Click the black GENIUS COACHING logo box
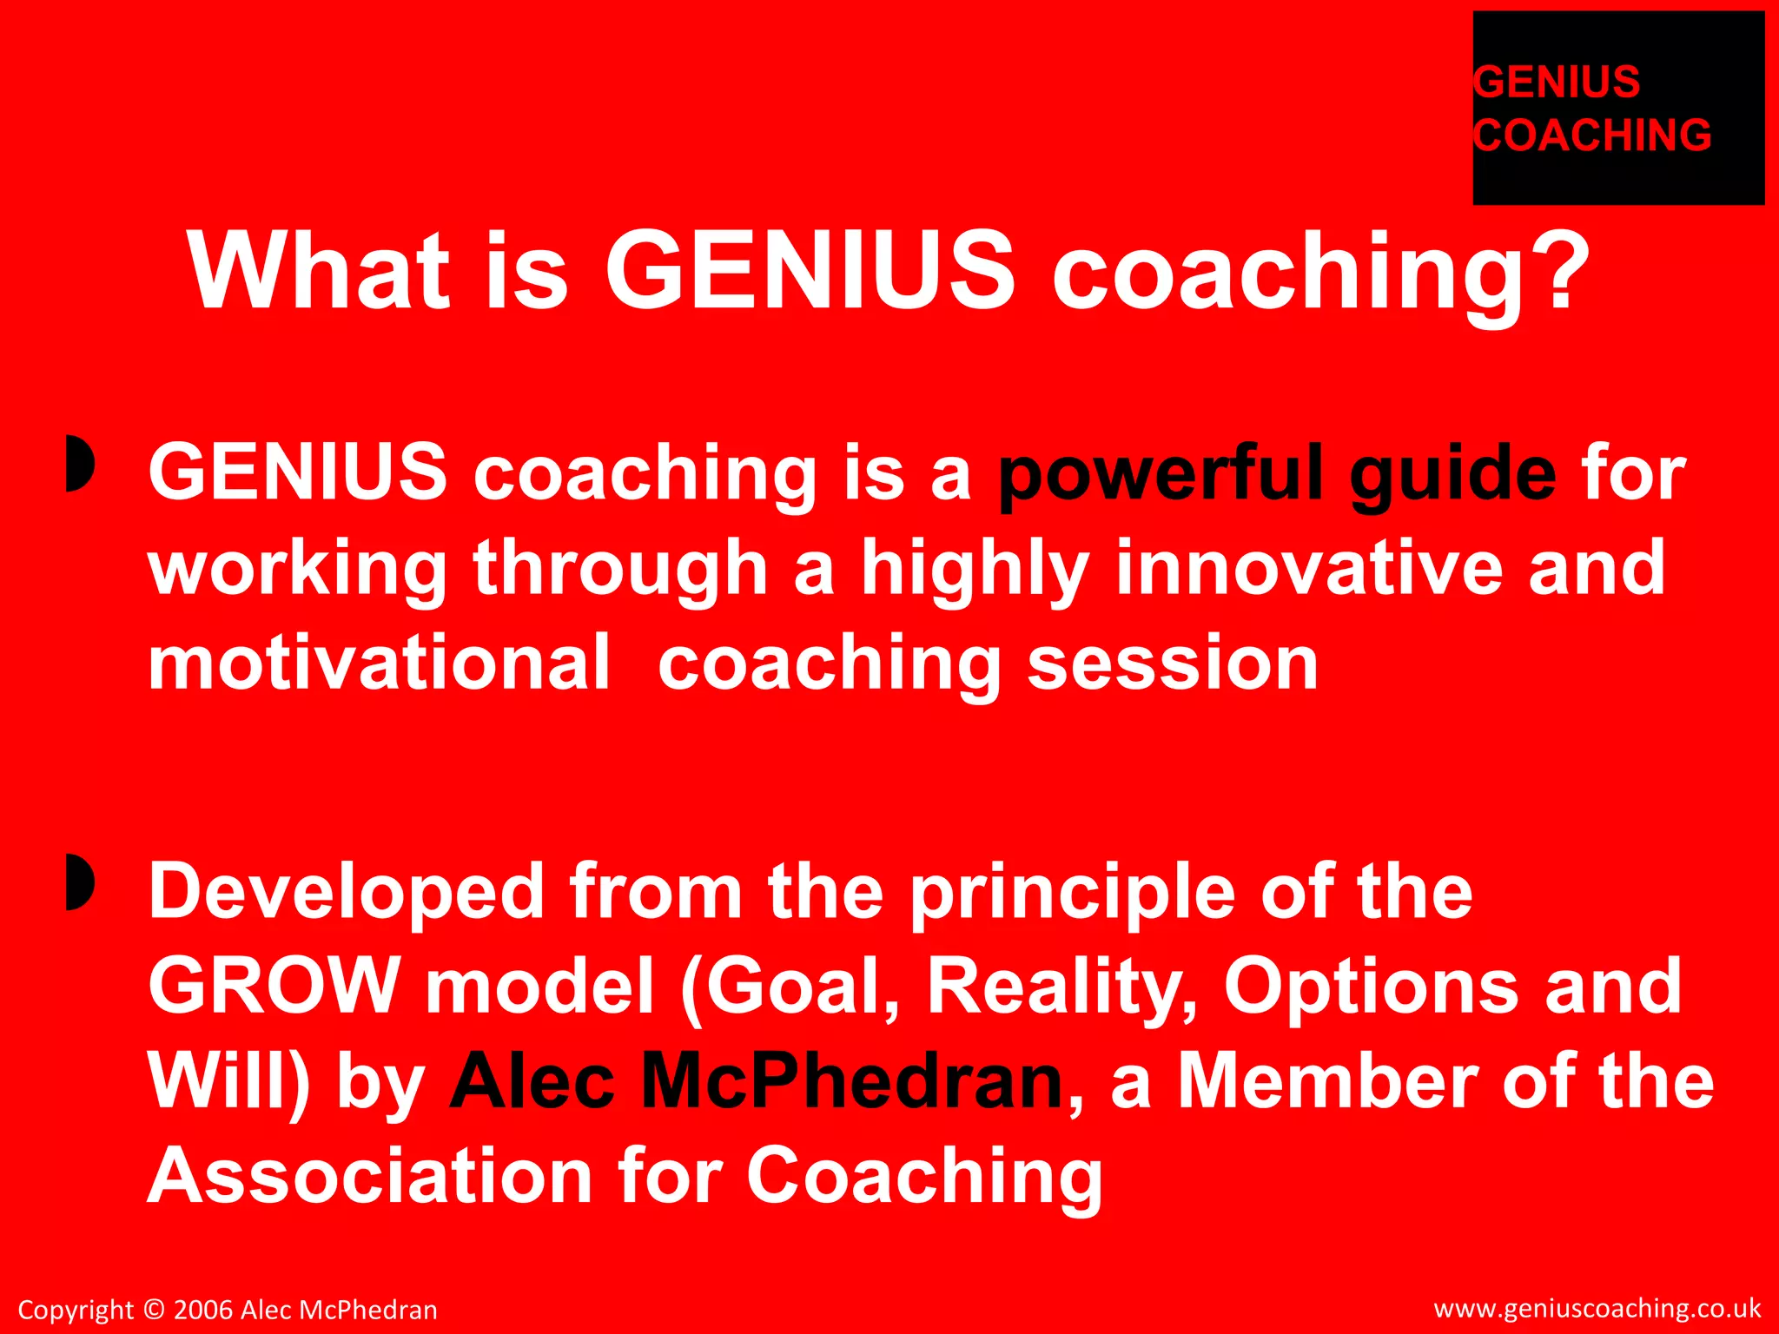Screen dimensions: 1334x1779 [x=1617, y=109]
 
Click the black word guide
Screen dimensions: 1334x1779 [x=1452, y=473]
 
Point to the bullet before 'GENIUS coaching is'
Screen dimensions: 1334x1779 [x=79, y=466]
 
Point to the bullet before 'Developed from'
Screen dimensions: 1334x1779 [x=79, y=882]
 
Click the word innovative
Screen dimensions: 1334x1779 [x=1310, y=568]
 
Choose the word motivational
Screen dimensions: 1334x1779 [x=380, y=663]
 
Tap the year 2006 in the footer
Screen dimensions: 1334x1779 [x=204, y=1310]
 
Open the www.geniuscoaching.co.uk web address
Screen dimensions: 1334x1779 [x=1597, y=1308]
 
